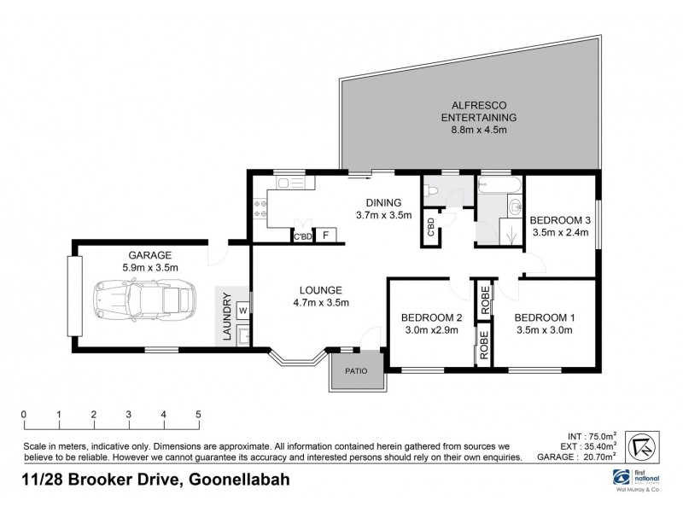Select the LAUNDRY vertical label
tap(227, 317)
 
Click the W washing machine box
tap(243, 309)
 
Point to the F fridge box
tap(325, 236)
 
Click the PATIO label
tap(355, 370)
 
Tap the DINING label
tap(383, 201)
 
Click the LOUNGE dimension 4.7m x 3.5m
tap(320, 302)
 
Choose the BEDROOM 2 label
tap(431, 318)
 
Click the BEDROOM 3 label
tap(561, 216)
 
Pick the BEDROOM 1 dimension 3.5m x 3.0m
tap(545, 330)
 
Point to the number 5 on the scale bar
tap(198, 416)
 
